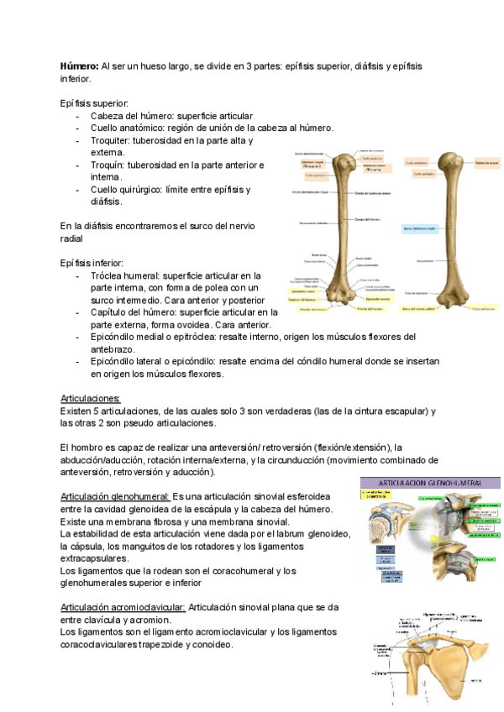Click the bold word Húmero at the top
(x=79, y=65)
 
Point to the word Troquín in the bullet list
(x=108, y=165)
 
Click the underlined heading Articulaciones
(x=91, y=398)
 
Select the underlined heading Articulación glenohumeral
(x=114, y=497)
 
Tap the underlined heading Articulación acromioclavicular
(x=123, y=607)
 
